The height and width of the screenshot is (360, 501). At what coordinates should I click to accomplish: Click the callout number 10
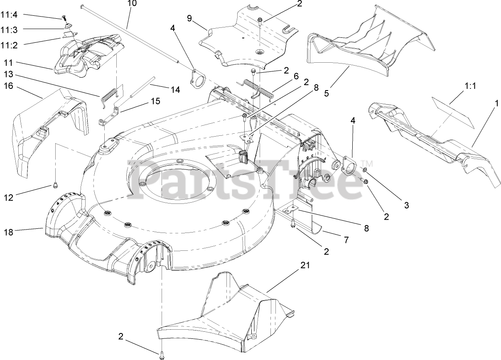click(132, 4)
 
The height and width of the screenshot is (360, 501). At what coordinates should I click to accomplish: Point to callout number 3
click(406, 205)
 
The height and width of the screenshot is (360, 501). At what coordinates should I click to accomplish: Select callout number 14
click(175, 89)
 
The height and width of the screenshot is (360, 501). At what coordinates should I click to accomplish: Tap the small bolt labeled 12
click(54, 186)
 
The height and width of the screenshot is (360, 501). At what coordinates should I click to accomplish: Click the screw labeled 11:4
click(64, 17)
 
